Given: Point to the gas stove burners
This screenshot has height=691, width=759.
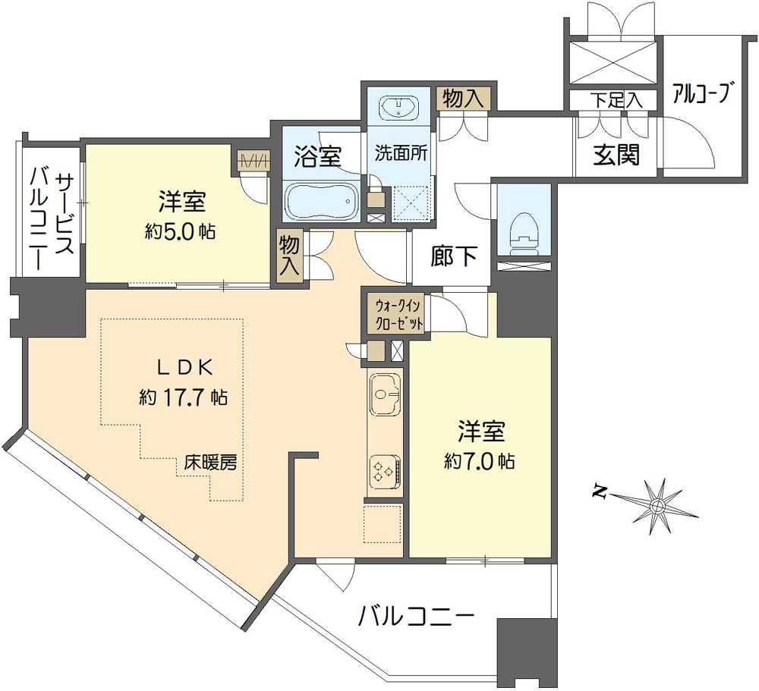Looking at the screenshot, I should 384,472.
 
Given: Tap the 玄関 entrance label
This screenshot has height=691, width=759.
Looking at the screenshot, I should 616,155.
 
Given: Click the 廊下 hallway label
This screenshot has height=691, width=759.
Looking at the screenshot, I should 455,258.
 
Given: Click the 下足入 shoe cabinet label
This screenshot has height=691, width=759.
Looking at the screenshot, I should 616,99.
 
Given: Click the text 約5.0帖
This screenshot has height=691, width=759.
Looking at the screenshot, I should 181,231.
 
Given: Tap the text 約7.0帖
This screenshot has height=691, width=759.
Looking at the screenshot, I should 480,460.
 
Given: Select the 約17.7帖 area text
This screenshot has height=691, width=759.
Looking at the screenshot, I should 183,395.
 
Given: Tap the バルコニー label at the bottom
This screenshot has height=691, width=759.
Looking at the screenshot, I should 417,614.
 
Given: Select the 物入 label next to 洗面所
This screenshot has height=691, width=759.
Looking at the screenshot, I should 464,98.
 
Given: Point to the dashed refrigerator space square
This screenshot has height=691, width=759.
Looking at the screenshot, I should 383,524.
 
